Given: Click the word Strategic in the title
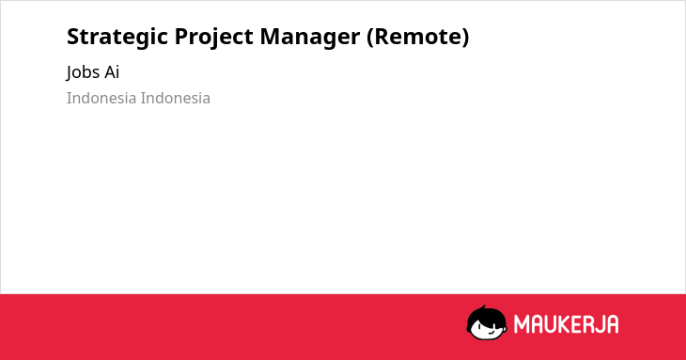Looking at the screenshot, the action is (117, 38).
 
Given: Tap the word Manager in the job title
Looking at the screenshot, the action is (310, 38).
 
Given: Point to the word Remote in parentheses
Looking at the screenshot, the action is (417, 37).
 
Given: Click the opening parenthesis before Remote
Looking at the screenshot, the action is (370, 37).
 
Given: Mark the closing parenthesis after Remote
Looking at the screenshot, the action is (464, 37).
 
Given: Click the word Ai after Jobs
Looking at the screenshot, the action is (112, 71).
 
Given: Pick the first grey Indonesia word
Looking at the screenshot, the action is (101, 98).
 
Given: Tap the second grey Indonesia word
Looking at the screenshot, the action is (176, 98).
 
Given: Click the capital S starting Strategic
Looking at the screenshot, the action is (74, 37).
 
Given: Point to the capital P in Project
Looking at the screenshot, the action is (181, 37).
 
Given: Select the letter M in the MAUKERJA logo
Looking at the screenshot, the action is (522, 324).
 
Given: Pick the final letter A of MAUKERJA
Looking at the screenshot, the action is (612, 324).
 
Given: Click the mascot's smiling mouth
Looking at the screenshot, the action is (491, 332).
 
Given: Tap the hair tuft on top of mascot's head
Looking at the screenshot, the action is (483, 307).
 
